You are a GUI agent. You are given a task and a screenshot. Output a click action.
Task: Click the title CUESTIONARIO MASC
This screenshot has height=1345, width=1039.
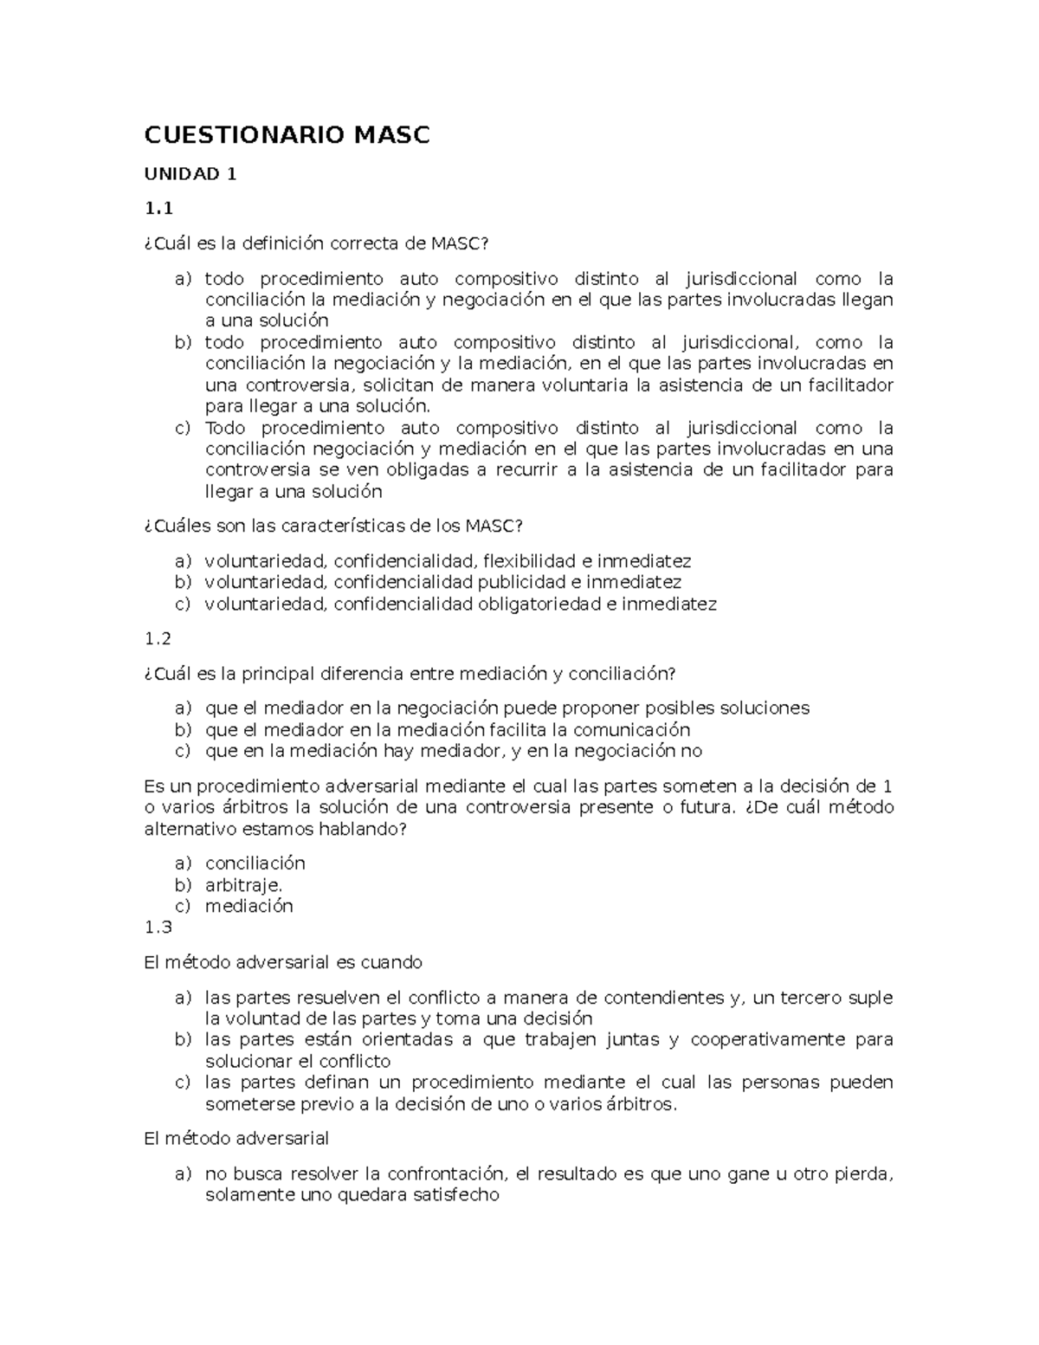[x=287, y=135]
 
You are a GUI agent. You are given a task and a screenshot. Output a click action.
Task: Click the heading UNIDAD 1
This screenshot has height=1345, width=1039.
[x=190, y=174]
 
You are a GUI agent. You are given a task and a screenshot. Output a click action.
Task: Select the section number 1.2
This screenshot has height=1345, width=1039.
[x=158, y=638]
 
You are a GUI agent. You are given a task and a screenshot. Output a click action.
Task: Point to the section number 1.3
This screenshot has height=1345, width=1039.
[x=158, y=928]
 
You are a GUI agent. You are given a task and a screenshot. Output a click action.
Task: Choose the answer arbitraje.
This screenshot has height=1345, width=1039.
[x=243, y=885]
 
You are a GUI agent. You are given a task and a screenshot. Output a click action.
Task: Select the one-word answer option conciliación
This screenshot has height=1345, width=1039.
[x=255, y=863]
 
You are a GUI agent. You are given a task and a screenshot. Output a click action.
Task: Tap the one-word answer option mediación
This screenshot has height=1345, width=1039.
[x=248, y=906]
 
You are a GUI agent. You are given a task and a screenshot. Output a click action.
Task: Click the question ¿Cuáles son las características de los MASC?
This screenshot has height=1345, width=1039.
[x=333, y=526]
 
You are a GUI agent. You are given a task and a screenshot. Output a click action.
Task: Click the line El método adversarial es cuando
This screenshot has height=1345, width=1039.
[x=282, y=962]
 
